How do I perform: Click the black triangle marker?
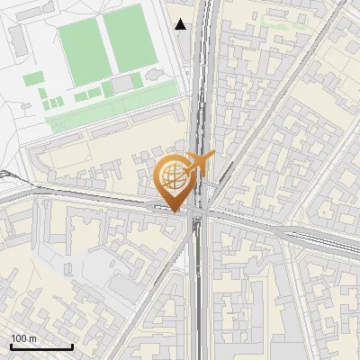pyautogui.click(x=181, y=24)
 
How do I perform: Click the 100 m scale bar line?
pyautogui.click(x=41, y=346)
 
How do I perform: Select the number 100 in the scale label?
pyautogui.click(x=17, y=338)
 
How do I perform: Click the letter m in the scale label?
pyautogui.click(x=31, y=338)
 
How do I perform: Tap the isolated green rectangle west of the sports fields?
pyautogui.click(x=32, y=79)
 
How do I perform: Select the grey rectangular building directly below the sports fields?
pyautogui.click(x=121, y=84)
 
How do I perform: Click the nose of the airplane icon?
pyautogui.click(x=214, y=155)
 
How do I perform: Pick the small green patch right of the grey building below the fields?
pyautogui.click(x=138, y=81)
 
